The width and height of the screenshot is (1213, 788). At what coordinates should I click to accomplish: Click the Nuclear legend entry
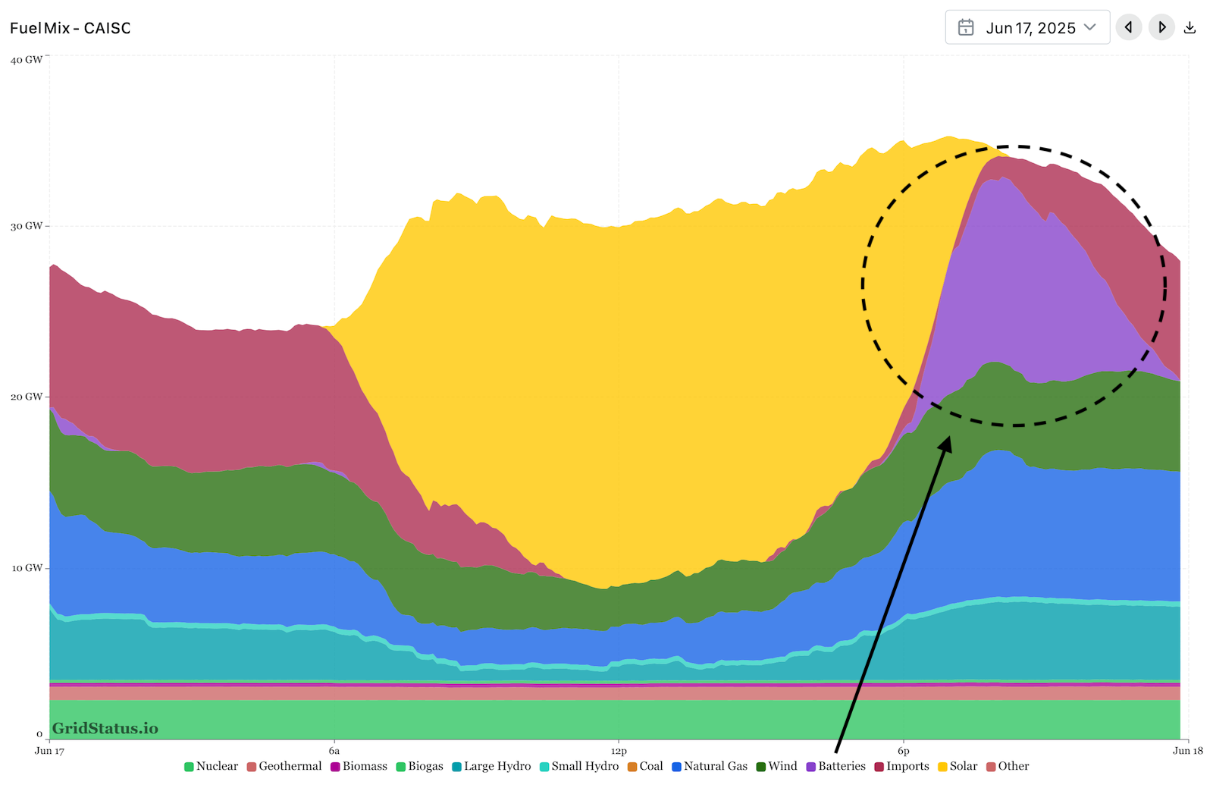click(212, 766)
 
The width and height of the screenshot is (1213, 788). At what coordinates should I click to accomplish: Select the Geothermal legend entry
click(284, 766)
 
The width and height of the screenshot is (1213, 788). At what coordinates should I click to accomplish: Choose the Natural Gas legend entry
click(710, 766)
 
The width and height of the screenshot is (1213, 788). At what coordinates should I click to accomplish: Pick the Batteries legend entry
click(835, 766)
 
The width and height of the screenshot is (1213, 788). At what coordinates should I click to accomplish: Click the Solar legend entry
click(958, 766)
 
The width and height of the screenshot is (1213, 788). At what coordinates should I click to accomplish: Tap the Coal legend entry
click(645, 766)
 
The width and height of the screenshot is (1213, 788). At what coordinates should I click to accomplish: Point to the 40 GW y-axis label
click(27, 60)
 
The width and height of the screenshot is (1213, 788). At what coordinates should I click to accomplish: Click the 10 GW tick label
click(27, 568)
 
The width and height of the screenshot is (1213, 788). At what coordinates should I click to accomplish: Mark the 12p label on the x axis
click(619, 751)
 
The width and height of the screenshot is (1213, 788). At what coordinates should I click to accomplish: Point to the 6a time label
click(334, 751)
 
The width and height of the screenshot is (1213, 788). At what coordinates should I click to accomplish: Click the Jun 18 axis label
click(1187, 751)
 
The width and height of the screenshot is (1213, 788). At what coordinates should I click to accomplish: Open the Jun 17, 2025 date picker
click(1027, 28)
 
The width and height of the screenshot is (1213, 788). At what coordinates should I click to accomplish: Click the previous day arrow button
click(1128, 28)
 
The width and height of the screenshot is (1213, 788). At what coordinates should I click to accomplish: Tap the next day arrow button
click(1161, 28)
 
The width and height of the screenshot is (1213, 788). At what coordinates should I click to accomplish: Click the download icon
click(1190, 28)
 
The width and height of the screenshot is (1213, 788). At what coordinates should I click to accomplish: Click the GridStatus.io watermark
click(105, 729)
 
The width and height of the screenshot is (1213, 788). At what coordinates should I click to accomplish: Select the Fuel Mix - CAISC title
click(71, 28)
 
